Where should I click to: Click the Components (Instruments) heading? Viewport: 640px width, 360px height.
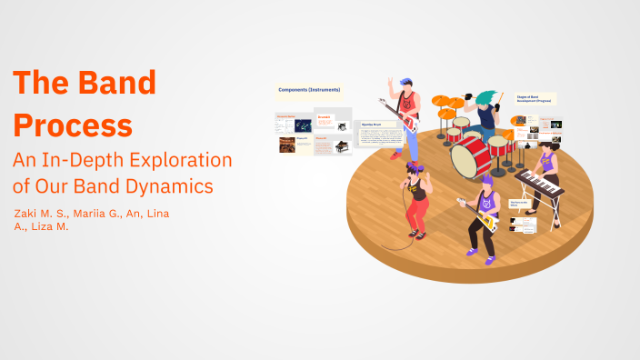click(310, 91)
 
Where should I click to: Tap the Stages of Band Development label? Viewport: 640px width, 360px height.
click(535, 98)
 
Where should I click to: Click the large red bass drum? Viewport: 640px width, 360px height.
click(470, 156)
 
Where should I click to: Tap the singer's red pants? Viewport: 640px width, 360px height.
click(417, 215)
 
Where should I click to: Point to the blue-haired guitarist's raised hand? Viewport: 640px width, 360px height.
click(391, 83)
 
